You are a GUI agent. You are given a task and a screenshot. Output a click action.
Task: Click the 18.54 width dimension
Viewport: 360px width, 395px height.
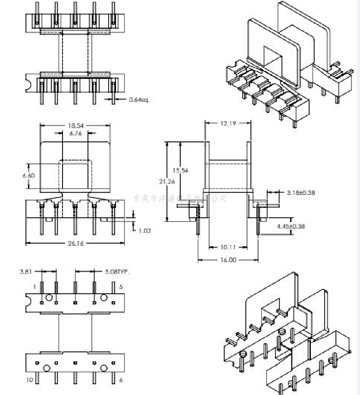(75, 125)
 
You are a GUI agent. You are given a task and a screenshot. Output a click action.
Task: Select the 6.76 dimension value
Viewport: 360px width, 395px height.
(75, 134)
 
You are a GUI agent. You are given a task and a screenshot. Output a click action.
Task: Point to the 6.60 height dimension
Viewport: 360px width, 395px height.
(28, 176)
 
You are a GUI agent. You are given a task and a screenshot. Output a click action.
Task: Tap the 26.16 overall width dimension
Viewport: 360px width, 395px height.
(75, 244)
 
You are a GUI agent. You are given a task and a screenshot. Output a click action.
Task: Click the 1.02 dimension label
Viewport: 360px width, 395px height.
(145, 231)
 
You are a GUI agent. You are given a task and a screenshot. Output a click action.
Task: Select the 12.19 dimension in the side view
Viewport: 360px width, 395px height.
(228, 123)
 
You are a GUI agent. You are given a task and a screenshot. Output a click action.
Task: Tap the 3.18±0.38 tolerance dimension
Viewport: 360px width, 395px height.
(301, 192)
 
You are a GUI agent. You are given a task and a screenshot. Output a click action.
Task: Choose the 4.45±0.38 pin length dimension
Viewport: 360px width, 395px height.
(302, 226)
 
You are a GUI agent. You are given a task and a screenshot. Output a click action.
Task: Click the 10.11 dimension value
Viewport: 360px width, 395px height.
(228, 247)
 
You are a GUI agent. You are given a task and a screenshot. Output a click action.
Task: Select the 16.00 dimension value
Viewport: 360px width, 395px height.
(228, 260)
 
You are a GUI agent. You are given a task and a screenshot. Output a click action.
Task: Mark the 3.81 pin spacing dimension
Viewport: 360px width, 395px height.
(25, 272)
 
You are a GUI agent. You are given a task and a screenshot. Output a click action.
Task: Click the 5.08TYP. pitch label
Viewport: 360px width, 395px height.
(117, 272)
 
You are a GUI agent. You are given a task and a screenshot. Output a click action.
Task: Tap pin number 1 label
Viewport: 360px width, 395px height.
(34, 287)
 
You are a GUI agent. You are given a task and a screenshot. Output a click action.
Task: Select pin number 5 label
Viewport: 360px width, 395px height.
(121, 287)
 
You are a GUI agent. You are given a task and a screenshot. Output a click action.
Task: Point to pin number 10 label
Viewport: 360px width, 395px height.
(30, 380)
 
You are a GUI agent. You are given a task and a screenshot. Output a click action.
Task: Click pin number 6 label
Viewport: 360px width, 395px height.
(121, 380)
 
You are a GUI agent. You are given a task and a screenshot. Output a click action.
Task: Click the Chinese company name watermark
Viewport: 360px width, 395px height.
(180, 198)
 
